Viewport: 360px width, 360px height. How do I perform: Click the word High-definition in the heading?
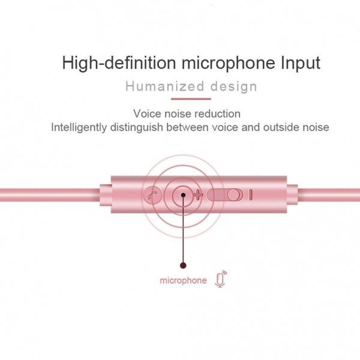[x=119, y=62]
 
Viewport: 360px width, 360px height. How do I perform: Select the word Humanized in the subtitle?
[x=165, y=86]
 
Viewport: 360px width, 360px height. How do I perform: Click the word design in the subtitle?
[x=234, y=87]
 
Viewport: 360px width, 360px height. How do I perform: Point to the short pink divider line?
[x=191, y=99]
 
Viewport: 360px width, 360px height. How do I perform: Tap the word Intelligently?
[x=79, y=127]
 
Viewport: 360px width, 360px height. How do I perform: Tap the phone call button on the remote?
[x=154, y=196]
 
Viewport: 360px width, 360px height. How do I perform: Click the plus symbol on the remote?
[x=197, y=196]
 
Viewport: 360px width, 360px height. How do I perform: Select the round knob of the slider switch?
[x=234, y=195]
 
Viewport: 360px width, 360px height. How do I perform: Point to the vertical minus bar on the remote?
[x=251, y=195]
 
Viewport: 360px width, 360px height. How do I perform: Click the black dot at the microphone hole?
[x=183, y=195]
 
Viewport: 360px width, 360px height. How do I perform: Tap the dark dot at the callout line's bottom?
[x=183, y=266]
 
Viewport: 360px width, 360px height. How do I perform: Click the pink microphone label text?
[x=183, y=281]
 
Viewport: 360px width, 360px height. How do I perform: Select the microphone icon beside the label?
[x=221, y=279]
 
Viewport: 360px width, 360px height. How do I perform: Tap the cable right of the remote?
[x=329, y=194]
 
